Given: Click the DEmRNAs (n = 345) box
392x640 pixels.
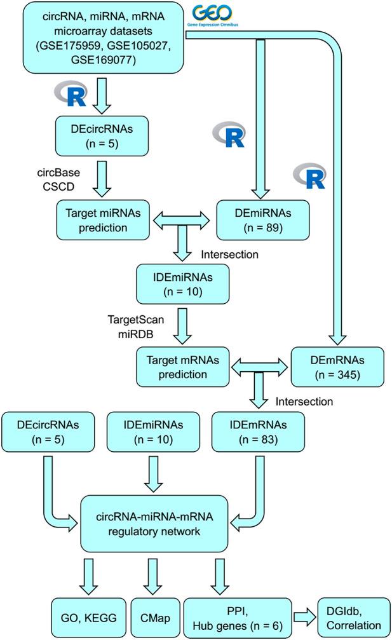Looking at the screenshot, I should point(337,368).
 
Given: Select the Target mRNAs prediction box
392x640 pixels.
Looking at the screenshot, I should point(183,368).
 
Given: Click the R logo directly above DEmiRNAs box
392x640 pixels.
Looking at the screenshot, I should point(229,134).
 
